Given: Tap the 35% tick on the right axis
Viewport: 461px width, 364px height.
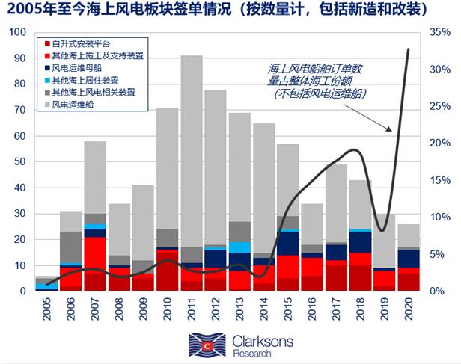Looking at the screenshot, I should click(x=440, y=33).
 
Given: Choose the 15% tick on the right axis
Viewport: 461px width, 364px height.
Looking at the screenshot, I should click(x=440, y=180).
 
